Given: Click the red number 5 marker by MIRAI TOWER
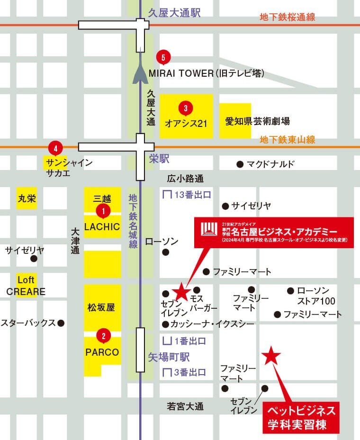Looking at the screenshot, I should point(163,57).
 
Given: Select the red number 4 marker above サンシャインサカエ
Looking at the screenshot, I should point(56,148).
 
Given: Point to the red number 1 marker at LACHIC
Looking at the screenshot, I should point(103,210).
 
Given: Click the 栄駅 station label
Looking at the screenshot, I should point(159,159).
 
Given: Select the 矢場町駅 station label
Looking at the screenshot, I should point(169,357).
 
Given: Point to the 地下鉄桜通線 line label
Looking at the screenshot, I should point(288,17).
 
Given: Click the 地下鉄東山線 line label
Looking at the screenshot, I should point(288,140).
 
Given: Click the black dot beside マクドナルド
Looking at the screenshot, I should point(240,164).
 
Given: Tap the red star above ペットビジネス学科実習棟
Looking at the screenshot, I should point(271,356).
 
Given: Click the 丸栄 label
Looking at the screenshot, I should point(27,198).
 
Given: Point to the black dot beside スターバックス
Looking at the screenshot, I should point(61,323).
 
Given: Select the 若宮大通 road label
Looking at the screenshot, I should point(185,406).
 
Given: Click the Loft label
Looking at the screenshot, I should point(26,280).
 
